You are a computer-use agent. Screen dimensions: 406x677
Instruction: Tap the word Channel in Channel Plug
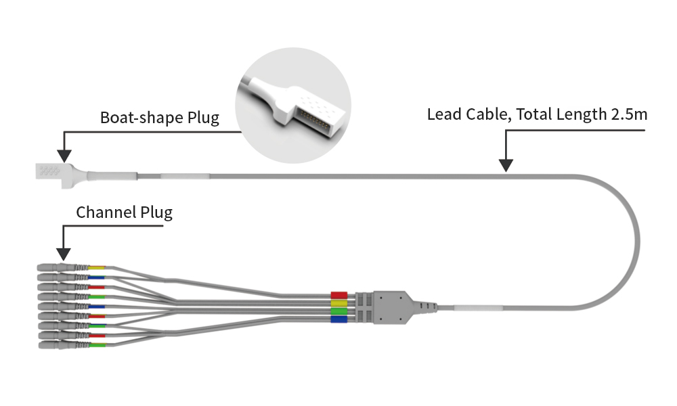[105, 212]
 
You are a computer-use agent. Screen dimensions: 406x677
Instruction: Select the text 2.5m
[628, 114]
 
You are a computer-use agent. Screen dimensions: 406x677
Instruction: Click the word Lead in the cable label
[443, 114]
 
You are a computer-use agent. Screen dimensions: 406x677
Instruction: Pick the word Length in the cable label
[580, 114]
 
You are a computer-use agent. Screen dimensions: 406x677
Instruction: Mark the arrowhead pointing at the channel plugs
[64, 254]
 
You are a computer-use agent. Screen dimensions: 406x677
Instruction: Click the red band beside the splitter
[338, 296]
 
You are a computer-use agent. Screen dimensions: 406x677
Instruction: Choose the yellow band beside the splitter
[338, 304]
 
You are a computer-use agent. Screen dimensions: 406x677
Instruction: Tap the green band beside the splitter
[338, 311]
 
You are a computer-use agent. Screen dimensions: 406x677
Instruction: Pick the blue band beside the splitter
[338, 319]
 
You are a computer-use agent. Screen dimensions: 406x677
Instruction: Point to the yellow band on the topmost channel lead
[97, 269]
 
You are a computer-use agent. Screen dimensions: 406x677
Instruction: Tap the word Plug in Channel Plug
[156, 212]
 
